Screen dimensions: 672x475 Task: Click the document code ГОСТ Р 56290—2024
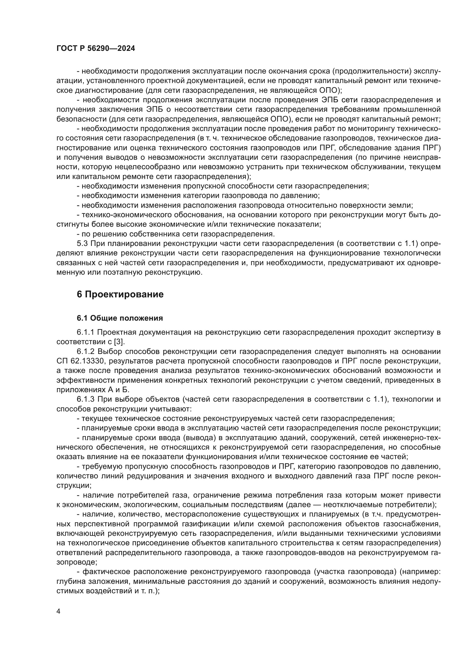pos(96,49)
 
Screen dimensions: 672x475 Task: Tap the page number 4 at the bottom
pos(59,611)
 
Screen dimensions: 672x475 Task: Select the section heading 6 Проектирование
pos(120,294)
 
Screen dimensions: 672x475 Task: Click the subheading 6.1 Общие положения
pos(120,318)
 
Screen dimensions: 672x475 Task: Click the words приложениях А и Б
pos(92,390)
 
